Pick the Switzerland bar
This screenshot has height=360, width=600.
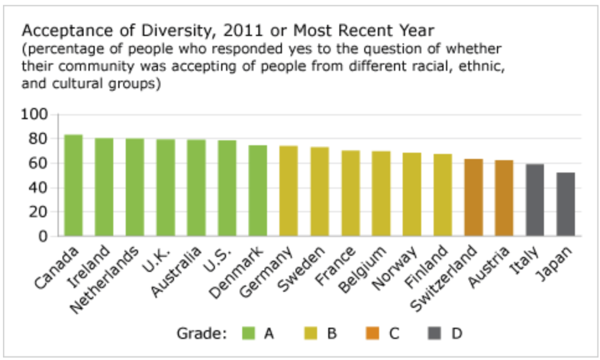tap(473, 198)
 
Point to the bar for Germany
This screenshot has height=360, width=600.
tap(288, 191)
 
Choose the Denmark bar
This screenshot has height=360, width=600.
tap(258, 191)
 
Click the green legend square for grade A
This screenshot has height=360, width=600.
tap(249, 334)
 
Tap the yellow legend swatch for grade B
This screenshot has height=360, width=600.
tap(312, 334)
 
